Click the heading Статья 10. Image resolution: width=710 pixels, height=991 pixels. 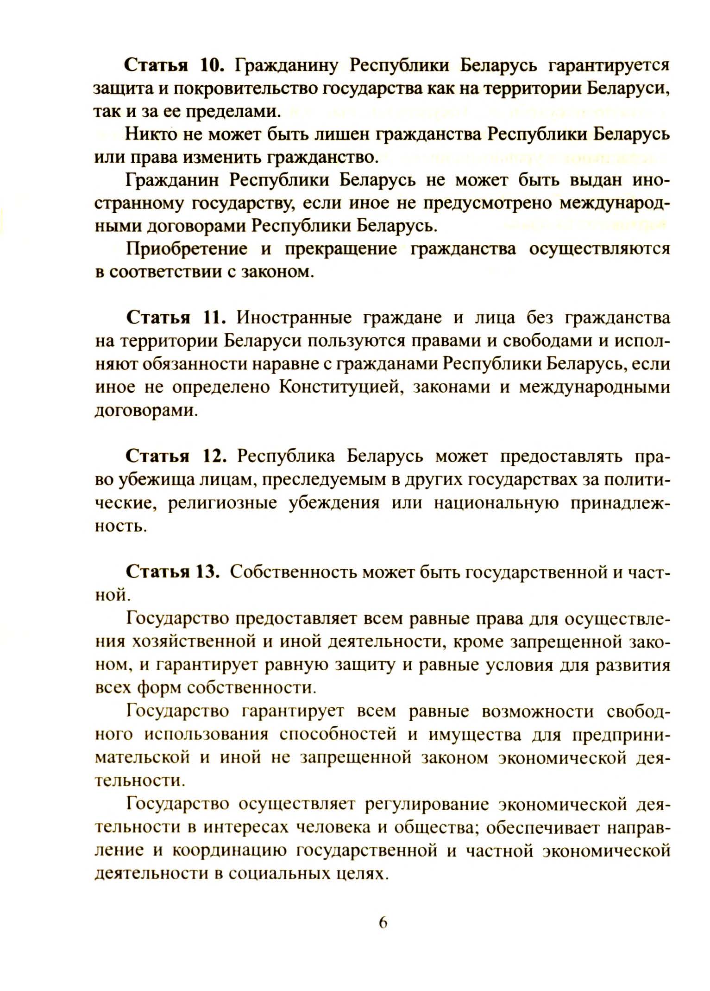(x=174, y=66)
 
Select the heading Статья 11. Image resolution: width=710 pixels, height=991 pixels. (x=176, y=318)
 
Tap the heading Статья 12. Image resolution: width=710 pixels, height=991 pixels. (x=176, y=457)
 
